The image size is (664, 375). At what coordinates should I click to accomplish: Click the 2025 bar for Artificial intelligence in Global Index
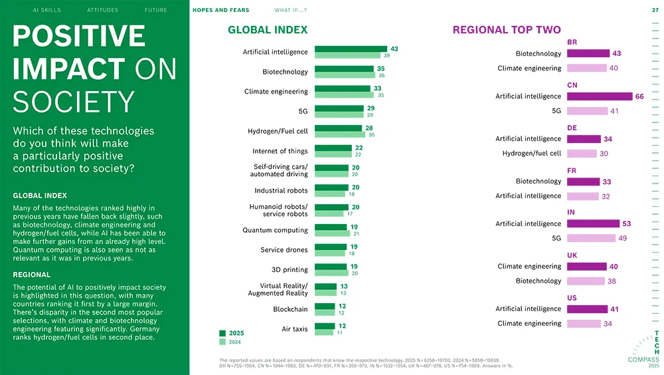pos(351,49)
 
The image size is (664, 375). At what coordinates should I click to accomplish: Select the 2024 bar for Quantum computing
pos(331,234)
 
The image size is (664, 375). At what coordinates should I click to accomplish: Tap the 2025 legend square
pos(222,333)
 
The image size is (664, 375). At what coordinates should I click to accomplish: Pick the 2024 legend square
pos(222,342)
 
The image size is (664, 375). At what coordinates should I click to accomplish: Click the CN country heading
pos(572,85)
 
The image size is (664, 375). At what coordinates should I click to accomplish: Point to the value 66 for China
pos(639,96)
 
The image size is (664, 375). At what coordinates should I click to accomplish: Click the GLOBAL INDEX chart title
pos(268,30)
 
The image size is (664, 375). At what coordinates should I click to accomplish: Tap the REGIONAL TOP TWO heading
pos(507,30)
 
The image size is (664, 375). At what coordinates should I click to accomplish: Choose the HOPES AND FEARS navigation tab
pos(220,10)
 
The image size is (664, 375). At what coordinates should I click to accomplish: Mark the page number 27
pos(655,10)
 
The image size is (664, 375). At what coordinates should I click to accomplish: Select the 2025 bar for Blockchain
pos(325,307)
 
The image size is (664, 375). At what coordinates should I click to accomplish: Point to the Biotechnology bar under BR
pos(588,53)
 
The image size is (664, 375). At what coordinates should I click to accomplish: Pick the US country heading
pos(572,297)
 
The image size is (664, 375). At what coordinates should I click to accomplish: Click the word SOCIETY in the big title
pos(74,102)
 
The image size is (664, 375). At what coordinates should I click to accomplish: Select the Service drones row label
pos(284,250)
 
